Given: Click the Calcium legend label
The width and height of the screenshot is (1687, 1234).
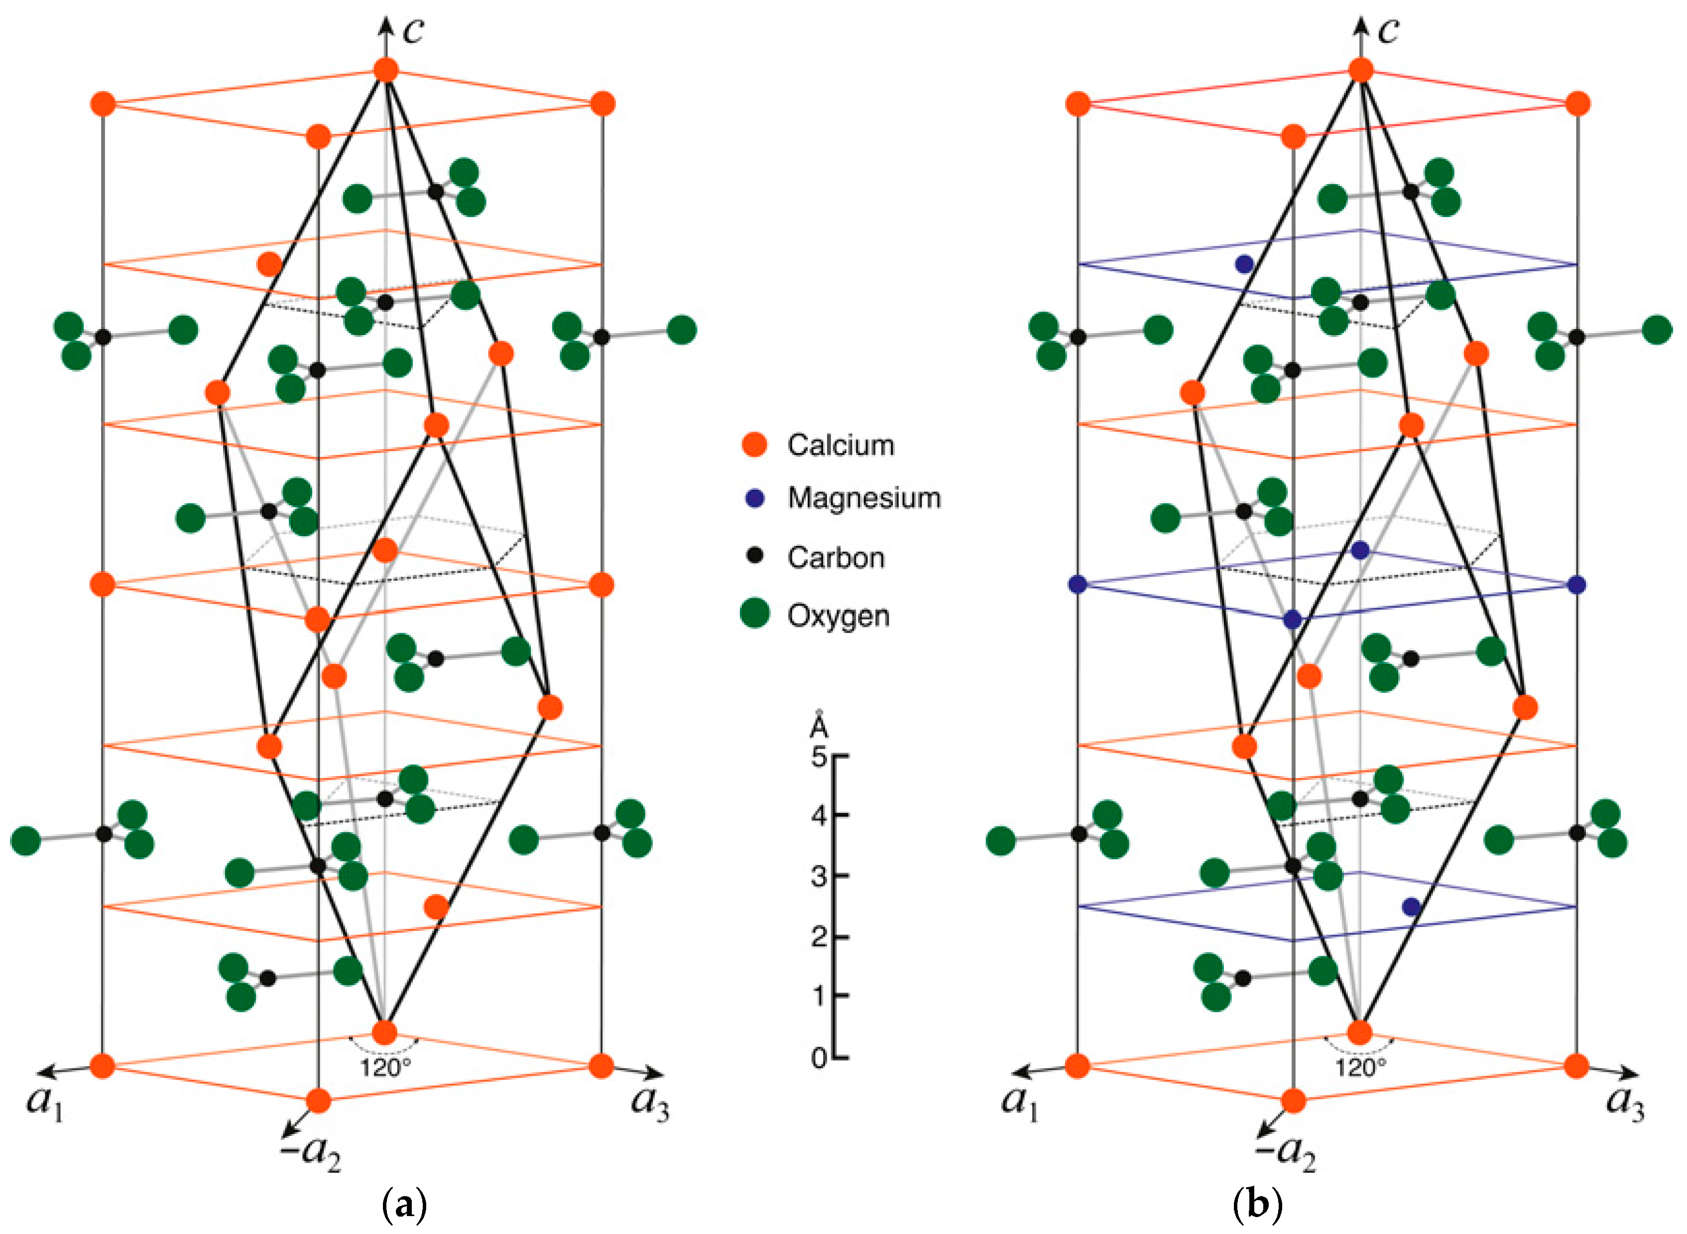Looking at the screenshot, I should pyautogui.click(x=841, y=445).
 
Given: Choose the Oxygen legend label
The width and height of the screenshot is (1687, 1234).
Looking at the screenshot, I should pyautogui.click(x=838, y=616).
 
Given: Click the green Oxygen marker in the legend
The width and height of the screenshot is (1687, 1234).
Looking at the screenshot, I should pyautogui.click(x=754, y=613).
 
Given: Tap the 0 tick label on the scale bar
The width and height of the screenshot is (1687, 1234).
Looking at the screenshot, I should pyautogui.click(x=819, y=1058).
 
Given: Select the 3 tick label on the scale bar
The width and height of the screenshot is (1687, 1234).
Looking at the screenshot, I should pyautogui.click(x=819, y=876).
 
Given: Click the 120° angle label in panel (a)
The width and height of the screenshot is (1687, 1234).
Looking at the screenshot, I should pyautogui.click(x=385, y=1068).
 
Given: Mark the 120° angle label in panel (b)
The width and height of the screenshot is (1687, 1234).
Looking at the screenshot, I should pyautogui.click(x=1360, y=1068).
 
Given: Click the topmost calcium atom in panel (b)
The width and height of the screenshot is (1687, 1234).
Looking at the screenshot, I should pyautogui.click(x=1360, y=70).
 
